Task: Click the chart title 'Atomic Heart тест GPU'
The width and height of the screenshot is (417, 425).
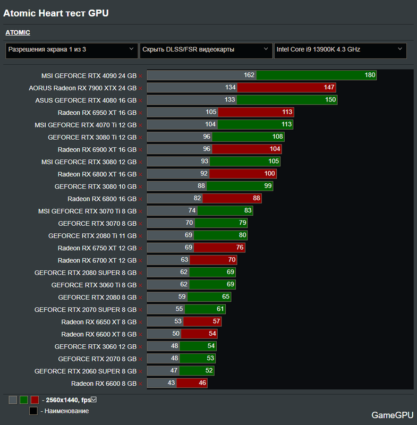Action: tap(56, 13)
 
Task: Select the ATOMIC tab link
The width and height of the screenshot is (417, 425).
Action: tap(18, 33)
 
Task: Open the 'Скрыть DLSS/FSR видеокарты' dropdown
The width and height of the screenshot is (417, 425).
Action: tap(206, 50)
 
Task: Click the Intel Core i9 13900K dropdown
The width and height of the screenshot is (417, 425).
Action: tap(340, 50)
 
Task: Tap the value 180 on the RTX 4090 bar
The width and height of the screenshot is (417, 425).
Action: tap(370, 75)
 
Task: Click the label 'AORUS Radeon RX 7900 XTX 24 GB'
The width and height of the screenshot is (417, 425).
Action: tap(82, 88)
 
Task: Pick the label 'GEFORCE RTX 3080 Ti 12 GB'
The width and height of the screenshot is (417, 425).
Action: tap(92, 137)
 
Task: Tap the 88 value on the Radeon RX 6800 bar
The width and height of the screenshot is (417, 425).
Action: tap(257, 199)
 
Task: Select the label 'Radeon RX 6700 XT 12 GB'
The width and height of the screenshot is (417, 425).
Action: tap(97, 260)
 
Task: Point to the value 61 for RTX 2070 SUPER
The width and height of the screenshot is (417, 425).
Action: tap(220, 309)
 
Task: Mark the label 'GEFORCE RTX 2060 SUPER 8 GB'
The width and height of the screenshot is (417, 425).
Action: tap(86, 371)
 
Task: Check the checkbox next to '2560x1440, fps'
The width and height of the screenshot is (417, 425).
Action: tap(93, 399)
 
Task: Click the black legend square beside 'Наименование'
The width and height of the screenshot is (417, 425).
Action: tap(33, 411)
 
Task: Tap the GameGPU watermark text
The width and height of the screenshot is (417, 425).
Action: tap(390, 415)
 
